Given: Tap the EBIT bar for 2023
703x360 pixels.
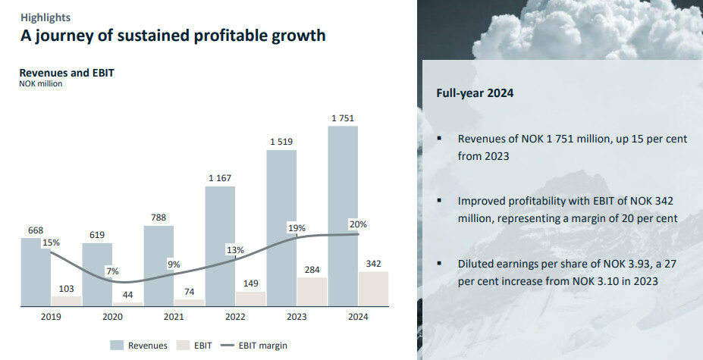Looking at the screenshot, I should point(312,291).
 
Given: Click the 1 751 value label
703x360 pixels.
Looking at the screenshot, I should point(343,117).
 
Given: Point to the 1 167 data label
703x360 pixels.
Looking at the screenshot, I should point(220,178).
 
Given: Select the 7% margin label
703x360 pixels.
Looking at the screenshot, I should point(112,271).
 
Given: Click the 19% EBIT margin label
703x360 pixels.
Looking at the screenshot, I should point(297,227).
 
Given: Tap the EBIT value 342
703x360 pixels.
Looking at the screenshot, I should point(373,262).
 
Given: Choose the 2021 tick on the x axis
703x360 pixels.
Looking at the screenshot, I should point(174,317).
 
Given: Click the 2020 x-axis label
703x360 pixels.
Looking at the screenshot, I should point(112,317).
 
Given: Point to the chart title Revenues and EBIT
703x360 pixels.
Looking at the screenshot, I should point(66,73).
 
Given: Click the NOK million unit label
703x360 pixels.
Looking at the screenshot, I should point(40,83).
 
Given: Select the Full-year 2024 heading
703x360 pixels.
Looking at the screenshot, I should point(475,93).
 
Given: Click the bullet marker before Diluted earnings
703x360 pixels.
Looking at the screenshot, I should point(439,262).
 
